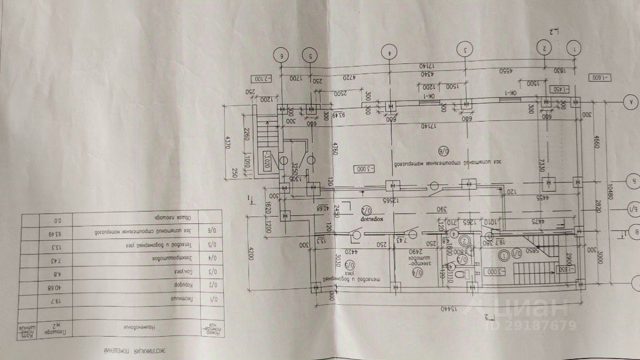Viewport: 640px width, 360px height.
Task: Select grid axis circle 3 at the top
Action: pyautogui.click(x=466, y=51)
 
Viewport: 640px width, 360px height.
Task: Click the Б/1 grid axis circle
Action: pyautogui.click(x=633, y=212)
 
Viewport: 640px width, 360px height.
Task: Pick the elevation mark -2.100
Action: pyautogui.click(x=261, y=79)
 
